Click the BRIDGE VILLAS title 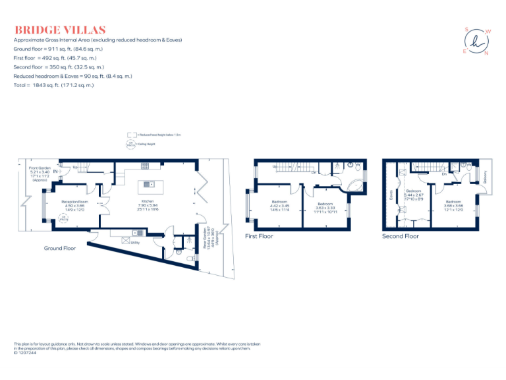(x=60, y=30)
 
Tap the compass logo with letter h (x=476, y=41)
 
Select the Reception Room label (x=74, y=205)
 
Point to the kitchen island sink (x=148, y=184)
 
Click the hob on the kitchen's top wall (x=145, y=166)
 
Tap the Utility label (x=134, y=242)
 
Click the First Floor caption (x=259, y=236)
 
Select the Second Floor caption (x=400, y=236)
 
